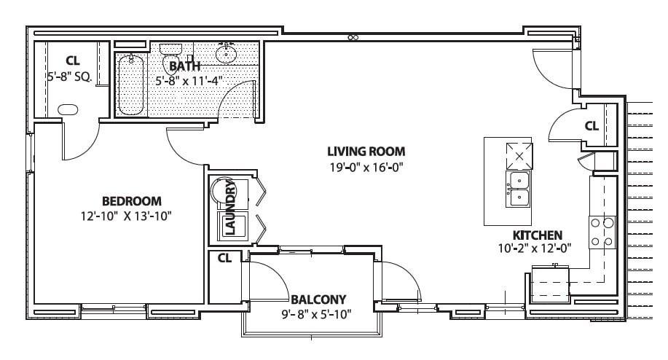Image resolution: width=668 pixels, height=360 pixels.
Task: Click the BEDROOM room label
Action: pos(131,201)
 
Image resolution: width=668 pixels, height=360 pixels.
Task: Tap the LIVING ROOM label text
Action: pos(365,152)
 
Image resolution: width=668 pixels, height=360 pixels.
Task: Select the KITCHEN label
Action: pos(538,235)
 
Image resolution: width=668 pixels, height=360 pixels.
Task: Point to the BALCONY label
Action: pos(318,299)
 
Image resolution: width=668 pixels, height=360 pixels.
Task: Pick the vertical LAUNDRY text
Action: pos(230,208)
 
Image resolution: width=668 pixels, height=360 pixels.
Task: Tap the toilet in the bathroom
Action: pos(170,53)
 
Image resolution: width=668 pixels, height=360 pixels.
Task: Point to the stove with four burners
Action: pos(602,232)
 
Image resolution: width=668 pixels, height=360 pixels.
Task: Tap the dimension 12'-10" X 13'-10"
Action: pos(127,216)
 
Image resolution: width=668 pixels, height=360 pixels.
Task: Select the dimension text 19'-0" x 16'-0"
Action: pos(365,166)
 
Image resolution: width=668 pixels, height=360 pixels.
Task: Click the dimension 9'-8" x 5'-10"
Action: pos(318,314)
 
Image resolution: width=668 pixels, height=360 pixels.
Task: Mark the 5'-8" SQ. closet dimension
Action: pos(69,75)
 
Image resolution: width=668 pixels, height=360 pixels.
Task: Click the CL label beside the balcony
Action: pos(224,257)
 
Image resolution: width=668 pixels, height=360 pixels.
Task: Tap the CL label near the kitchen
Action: pos(591,126)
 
